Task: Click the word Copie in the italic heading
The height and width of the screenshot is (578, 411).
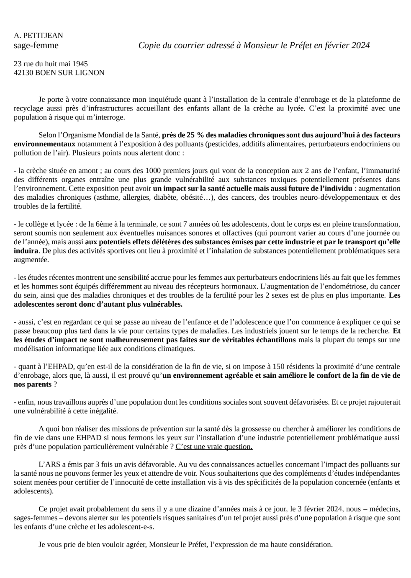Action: [x=149, y=45]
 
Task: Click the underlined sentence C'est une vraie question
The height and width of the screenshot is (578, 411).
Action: [x=214, y=446]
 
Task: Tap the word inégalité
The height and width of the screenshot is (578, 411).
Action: [x=101, y=411]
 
